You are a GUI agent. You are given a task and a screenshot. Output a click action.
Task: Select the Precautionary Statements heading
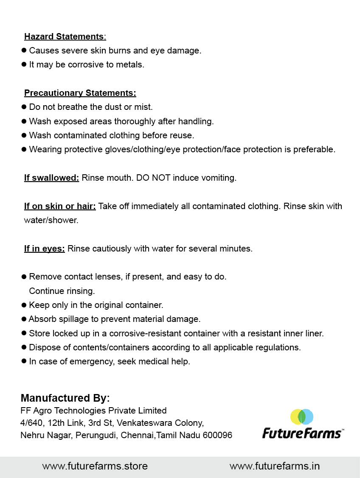click(x=80, y=93)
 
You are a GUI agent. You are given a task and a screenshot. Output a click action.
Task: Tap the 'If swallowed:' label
click(x=51, y=178)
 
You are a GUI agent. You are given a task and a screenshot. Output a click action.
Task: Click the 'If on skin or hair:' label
click(x=60, y=206)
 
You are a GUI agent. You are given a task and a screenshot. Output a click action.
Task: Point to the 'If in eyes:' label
click(x=44, y=249)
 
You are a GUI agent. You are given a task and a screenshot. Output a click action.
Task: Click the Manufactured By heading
click(x=65, y=398)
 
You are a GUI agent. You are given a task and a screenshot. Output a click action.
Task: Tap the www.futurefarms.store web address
click(x=95, y=466)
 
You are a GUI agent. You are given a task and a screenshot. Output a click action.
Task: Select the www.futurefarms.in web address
click(x=274, y=466)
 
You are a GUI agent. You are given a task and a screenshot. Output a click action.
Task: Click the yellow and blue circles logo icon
click(x=302, y=417)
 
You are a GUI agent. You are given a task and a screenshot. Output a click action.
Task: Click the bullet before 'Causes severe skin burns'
click(x=24, y=50)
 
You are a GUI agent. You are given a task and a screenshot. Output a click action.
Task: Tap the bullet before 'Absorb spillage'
click(x=24, y=319)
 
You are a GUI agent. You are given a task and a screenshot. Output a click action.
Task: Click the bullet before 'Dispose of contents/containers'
click(x=24, y=347)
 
